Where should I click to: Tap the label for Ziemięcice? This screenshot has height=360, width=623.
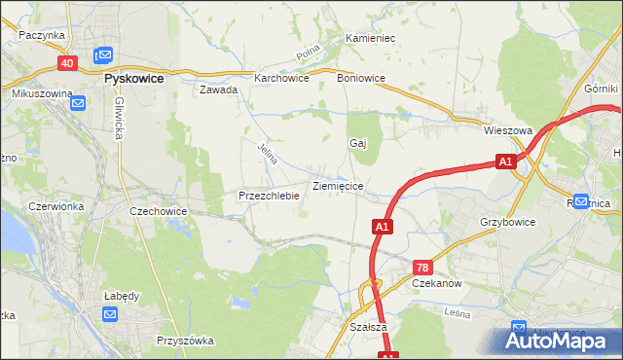tap(338, 185)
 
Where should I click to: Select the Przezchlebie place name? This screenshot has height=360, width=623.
tap(268, 196)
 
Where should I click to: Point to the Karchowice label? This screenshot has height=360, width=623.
tap(281, 79)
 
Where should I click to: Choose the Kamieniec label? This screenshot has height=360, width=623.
tap(370, 38)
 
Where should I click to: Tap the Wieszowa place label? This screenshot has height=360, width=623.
tap(507, 129)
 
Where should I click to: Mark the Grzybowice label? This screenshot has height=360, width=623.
tap(507, 222)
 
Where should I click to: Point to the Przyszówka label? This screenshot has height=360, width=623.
tap(185, 341)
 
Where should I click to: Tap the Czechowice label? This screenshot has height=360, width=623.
tap(158, 210)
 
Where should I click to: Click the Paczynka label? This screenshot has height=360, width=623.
tap(41, 34)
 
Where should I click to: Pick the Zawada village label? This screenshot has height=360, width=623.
tap(219, 90)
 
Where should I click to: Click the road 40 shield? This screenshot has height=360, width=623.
tap(67, 63)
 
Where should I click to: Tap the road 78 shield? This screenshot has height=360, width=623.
tap(421, 267)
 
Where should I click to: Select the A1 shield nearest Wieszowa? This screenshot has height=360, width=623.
tap(504, 162)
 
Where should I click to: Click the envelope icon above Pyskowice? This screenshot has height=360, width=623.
tap(103, 56)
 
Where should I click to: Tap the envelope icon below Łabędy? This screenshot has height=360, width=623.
tap(109, 314)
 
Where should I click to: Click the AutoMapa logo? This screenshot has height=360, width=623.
tap(559, 341)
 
